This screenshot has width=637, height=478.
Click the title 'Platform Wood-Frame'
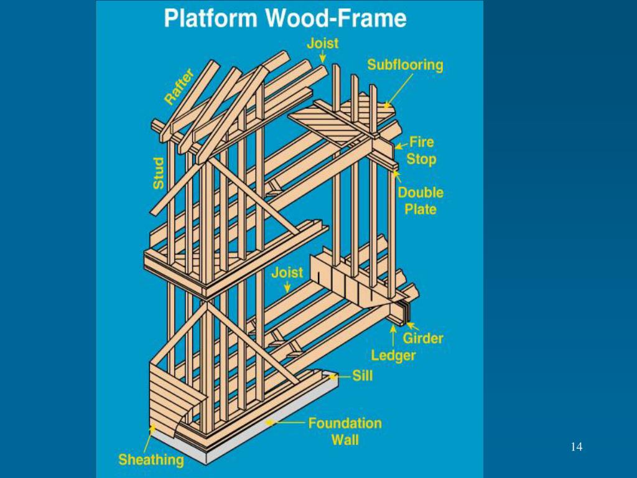coord(285,18)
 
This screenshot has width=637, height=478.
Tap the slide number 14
coord(575,446)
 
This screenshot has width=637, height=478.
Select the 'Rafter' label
coord(179,87)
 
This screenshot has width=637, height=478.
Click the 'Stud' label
coord(159,173)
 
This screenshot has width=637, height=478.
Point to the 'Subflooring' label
coord(404,65)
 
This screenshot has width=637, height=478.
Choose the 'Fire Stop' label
coord(421,150)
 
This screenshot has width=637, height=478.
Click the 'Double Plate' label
coord(420,200)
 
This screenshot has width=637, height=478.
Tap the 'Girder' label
coord(423,338)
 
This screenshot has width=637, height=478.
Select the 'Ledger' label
coord(393,355)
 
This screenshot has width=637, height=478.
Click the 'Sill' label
coord(362,375)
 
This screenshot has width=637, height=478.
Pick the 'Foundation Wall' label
coord(345,431)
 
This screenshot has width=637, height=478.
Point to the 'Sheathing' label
coord(151,461)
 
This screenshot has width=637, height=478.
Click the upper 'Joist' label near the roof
coord(322,43)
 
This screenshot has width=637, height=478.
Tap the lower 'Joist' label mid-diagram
coord(287,272)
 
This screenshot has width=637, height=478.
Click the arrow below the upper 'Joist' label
coord(323,57)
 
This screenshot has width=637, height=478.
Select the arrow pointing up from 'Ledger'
coord(393,336)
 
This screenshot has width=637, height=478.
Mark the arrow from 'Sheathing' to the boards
coord(150,438)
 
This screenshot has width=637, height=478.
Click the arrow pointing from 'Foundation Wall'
coord(286,423)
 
